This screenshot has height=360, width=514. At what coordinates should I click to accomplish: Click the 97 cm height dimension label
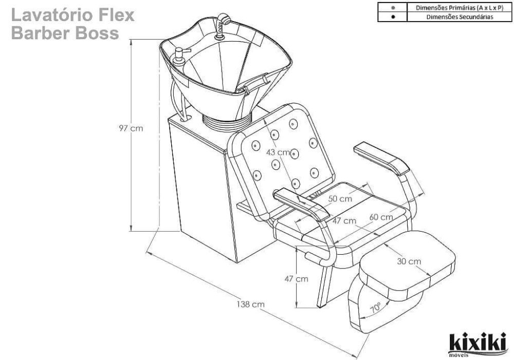[130, 128]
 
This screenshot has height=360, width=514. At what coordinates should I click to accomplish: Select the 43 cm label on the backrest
[278, 153]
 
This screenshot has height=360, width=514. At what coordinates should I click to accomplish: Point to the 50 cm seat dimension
[341, 198]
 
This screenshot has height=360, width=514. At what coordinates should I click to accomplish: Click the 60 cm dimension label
[381, 217]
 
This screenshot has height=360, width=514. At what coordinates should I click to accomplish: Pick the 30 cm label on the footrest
[409, 261]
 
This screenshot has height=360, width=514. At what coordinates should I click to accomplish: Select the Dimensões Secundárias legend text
[460, 16]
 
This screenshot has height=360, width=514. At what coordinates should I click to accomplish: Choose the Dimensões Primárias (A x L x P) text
[460, 8]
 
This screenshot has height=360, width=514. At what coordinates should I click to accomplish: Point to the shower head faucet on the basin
[223, 21]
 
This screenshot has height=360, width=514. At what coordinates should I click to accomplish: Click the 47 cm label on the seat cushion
[343, 221]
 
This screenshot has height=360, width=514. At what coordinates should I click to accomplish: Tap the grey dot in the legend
[393, 8]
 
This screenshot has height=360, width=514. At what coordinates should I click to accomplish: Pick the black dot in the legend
[393, 16]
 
